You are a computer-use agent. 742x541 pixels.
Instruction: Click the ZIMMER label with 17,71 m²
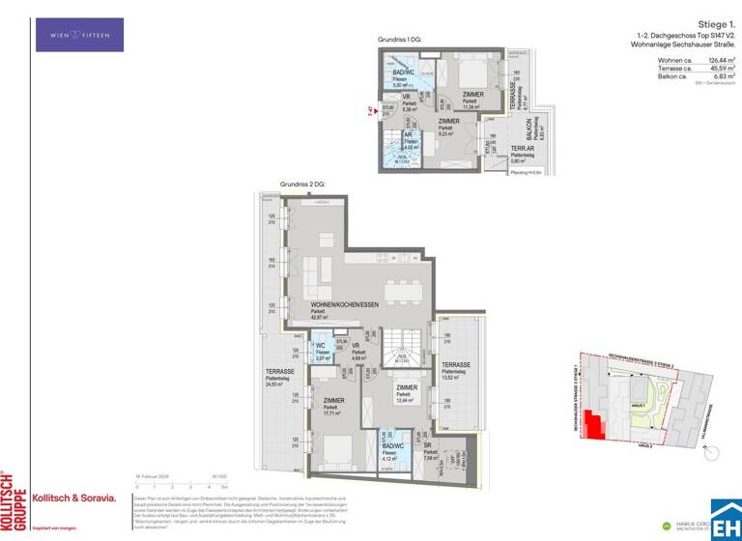(x=333, y=400)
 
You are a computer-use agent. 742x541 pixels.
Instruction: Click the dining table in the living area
(x=403, y=290)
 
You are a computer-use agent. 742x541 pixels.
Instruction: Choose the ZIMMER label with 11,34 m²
(x=472, y=96)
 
